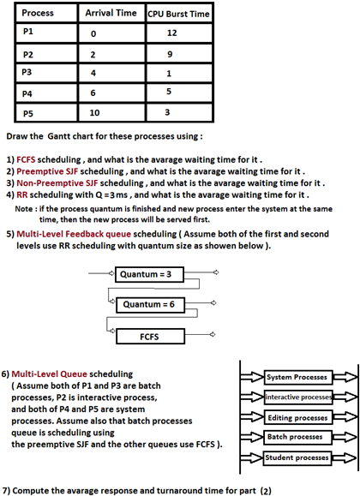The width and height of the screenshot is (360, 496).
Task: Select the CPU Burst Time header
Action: [179, 15]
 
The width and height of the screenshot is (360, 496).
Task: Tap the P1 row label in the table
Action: [28, 32]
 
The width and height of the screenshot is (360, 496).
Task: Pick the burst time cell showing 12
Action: [172, 33]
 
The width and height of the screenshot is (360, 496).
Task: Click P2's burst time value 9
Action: [171, 53]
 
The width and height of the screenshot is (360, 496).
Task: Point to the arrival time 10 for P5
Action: [96, 112]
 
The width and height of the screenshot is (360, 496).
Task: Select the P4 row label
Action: [28, 92]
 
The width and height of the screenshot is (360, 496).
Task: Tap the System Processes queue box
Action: [297, 378]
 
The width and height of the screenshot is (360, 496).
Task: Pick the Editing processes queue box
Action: [297, 417]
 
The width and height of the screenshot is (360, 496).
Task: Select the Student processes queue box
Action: [297, 457]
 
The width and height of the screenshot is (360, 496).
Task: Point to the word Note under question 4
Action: [25, 208]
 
